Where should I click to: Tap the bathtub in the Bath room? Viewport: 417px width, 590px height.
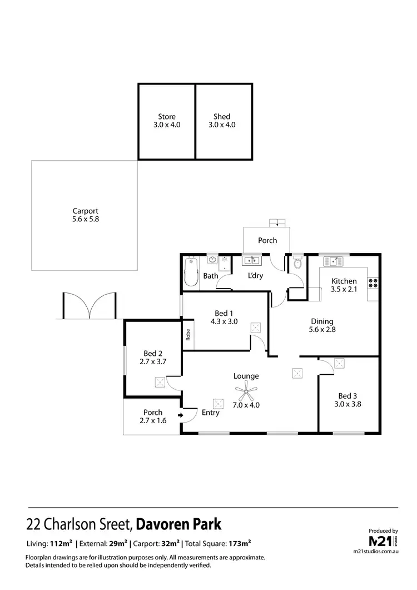[x=191, y=271]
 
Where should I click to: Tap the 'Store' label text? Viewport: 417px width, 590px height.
[x=167, y=117]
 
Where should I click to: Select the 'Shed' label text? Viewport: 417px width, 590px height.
[x=222, y=117]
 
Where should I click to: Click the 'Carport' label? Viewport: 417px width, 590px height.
[x=85, y=211]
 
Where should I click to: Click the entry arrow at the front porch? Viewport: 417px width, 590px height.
[x=181, y=415]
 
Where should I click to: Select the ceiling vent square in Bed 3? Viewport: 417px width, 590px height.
[x=339, y=364]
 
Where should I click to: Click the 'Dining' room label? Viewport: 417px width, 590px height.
[x=322, y=321]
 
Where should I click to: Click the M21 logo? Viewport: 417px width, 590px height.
[x=383, y=541]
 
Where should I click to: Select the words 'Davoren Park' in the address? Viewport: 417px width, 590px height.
[x=178, y=524]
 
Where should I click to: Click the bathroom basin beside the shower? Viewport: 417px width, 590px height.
[x=212, y=259]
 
